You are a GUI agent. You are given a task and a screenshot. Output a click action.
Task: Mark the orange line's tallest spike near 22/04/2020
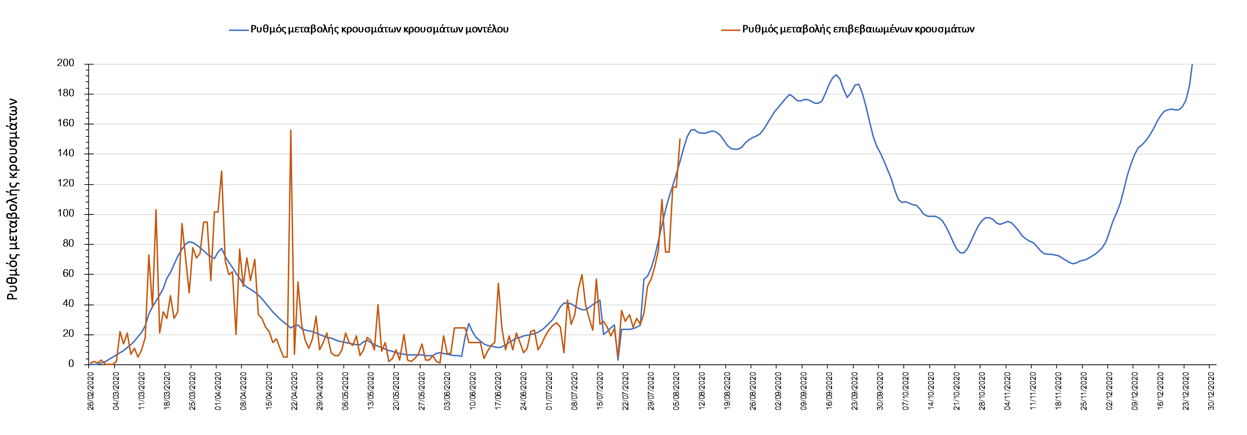pos(290,130)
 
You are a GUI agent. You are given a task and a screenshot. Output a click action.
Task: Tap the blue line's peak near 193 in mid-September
pos(836,75)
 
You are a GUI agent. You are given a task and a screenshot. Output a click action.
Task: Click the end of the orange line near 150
pos(680,139)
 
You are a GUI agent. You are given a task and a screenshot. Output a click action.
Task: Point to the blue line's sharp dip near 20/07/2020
pos(618,359)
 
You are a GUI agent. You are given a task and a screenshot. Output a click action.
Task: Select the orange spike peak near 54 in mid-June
pos(498,283)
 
